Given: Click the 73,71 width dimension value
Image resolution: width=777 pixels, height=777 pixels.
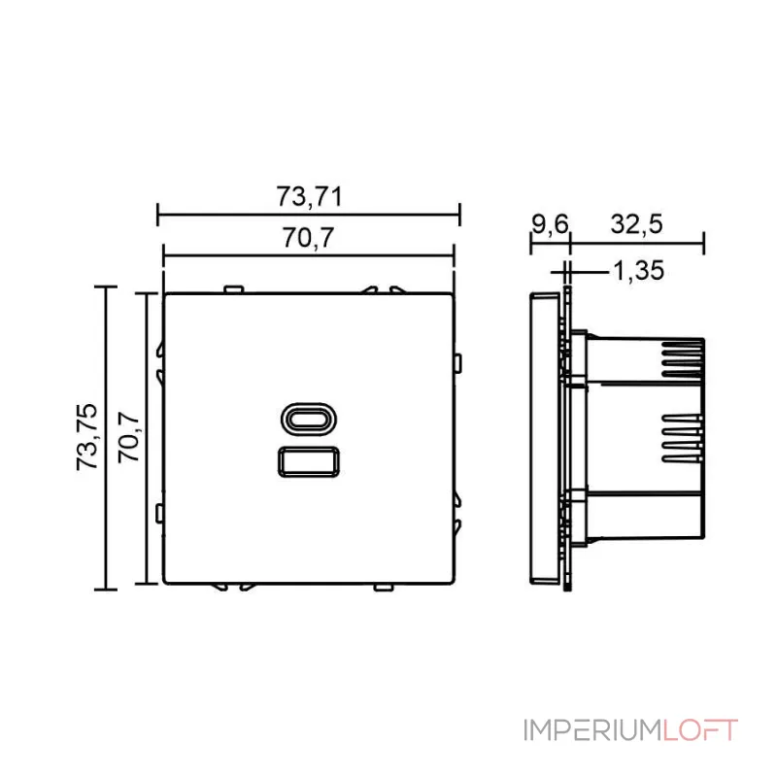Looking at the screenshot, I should pos(309,196).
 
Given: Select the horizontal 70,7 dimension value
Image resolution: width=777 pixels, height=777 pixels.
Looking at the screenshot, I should pos(309,239).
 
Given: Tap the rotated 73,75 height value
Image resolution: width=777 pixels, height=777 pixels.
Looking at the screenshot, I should pos(87,436).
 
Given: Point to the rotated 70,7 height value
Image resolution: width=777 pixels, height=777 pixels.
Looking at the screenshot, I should pos(130,436).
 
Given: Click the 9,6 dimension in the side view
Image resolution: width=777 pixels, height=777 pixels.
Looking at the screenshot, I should pos(549,224).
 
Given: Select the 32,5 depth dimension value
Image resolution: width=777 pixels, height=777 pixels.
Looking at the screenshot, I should pos(636,224).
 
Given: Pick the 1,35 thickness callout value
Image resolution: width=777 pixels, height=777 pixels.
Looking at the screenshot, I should pos(638,271).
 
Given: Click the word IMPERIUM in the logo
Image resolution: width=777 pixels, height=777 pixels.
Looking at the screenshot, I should pos(592,730).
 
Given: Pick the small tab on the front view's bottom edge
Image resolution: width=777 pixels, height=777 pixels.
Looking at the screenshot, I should pos(383,587).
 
